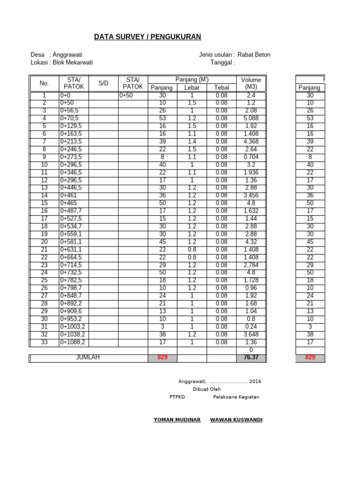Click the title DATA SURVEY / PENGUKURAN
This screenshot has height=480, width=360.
[x=148, y=37]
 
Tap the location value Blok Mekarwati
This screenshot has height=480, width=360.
[x=73, y=62]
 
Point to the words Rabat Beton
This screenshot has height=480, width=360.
[x=254, y=55]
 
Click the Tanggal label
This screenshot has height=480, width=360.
[x=223, y=62]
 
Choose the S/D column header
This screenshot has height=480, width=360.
[x=104, y=83]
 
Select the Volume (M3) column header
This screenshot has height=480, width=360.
[x=251, y=83]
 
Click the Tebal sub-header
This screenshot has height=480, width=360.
[x=221, y=88]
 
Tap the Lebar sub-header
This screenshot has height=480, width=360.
[x=192, y=88]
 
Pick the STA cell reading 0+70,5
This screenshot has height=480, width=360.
[x=69, y=119]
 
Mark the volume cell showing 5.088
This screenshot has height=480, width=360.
[x=251, y=119]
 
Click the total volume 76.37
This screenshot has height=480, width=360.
[x=251, y=358]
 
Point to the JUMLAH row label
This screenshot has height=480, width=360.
[x=88, y=358]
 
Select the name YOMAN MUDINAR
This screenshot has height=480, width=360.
[x=177, y=420]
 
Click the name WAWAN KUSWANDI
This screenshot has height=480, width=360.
[x=236, y=420]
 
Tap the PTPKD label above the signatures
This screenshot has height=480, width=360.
[x=177, y=397]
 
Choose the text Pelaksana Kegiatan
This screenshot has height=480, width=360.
[x=236, y=397]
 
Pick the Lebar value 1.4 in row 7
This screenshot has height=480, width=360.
[x=192, y=142]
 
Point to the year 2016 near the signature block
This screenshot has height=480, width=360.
[x=255, y=382]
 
